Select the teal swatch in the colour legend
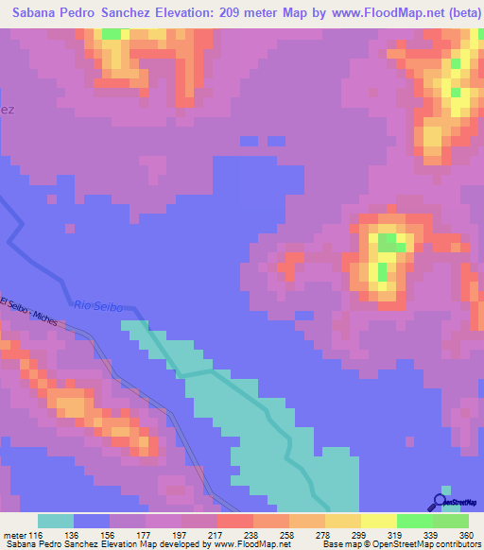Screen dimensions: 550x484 click(x=56, y=521)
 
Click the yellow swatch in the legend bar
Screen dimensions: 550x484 click(x=379, y=521)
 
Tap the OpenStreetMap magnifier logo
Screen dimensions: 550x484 click(x=440, y=502)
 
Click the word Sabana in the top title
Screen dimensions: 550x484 click(x=41, y=14)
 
